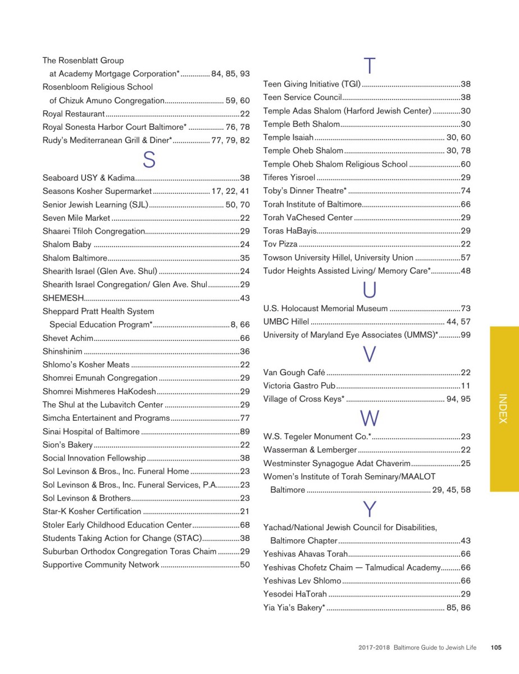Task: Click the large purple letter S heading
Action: click(x=149, y=160)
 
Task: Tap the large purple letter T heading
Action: click(x=369, y=66)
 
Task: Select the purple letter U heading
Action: click(x=370, y=290)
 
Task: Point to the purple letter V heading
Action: click(x=369, y=354)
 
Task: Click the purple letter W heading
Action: click(x=370, y=418)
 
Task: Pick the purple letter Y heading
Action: click(x=369, y=509)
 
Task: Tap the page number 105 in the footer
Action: click(x=495, y=648)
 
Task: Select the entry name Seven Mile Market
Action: click(x=76, y=217)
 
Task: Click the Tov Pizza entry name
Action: click(x=280, y=244)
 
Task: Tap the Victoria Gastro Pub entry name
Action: click(x=299, y=385)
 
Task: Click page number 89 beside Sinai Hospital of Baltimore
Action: click(x=245, y=431)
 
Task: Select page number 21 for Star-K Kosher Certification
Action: click(x=245, y=511)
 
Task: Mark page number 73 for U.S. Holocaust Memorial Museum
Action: click(x=465, y=308)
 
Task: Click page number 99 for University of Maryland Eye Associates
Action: click(x=465, y=335)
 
